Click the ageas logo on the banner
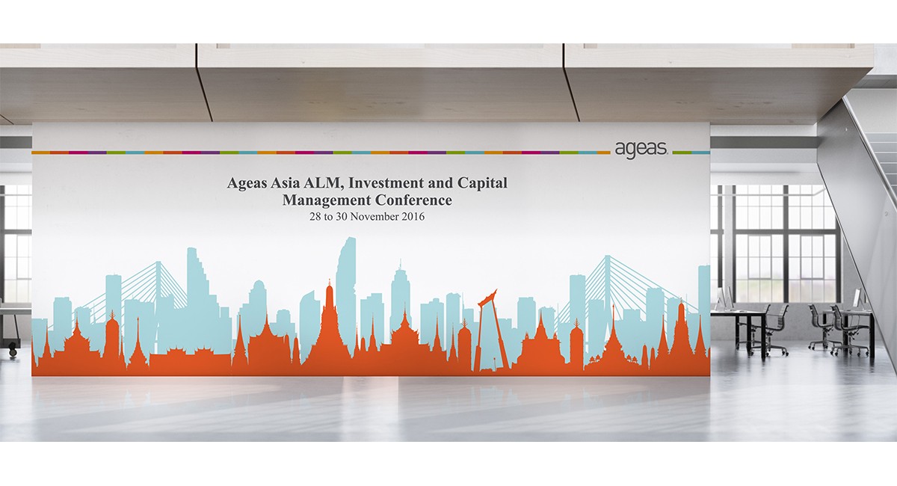[x=641, y=149]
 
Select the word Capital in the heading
[x=482, y=183]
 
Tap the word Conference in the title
[x=413, y=200]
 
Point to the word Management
[x=327, y=200]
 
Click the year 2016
[x=413, y=217]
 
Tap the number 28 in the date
[x=315, y=217]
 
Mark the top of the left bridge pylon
[x=158, y=262]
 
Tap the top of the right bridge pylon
[x=607, y=256]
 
